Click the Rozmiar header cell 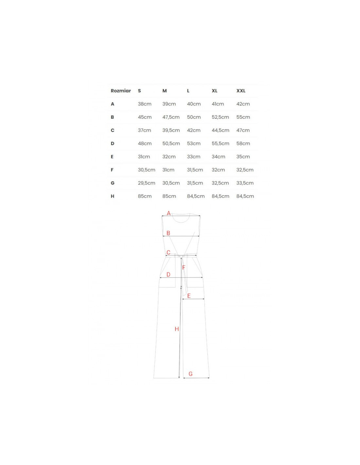(x=120, y=91)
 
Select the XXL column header (x=241, y=91)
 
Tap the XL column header (x=214, y=91)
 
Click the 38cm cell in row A (x=145, y=104)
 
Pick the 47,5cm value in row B (x=171, y=117)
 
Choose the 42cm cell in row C (x=194, y=130)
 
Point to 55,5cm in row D (x=220, y=144)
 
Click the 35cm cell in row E (x=243, y=157)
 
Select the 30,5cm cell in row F (x=147, y=170)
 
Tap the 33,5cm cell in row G (x=245, y=183)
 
